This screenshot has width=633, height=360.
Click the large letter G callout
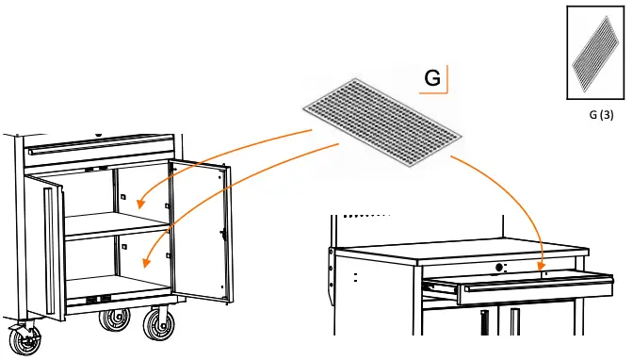point(432,78)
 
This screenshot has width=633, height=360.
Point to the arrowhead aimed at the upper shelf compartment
point(139,203)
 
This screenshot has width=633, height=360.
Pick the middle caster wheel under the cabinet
point(114,321)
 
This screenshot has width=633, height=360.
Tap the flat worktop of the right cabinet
point(462,253)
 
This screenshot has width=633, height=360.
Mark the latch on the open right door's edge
point(222,231)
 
